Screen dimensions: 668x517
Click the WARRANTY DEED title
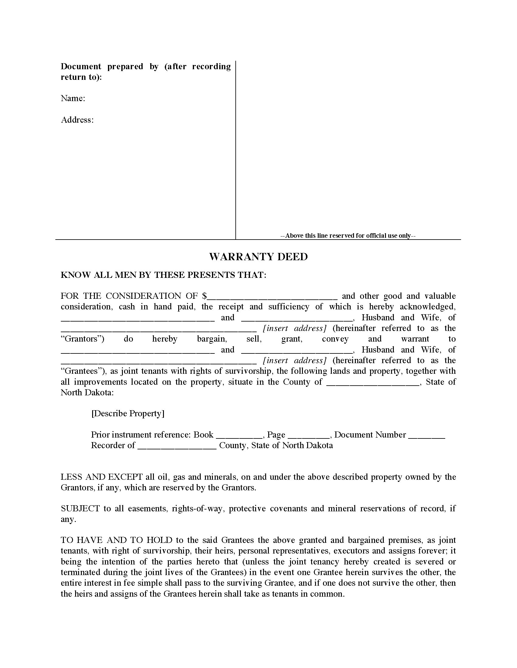coord(258,257)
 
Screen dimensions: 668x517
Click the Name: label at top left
coord(73,98)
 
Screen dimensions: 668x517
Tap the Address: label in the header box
coord(77,120)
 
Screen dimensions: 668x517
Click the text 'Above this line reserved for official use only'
coord(348,236)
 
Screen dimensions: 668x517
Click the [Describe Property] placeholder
coord(128,414)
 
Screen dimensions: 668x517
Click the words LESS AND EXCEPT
coord(102,477)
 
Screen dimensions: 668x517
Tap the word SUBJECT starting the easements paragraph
coord(80,509)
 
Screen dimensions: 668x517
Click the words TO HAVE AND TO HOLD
coord(116,540)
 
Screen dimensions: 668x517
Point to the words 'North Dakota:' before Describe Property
coord(87,392)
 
